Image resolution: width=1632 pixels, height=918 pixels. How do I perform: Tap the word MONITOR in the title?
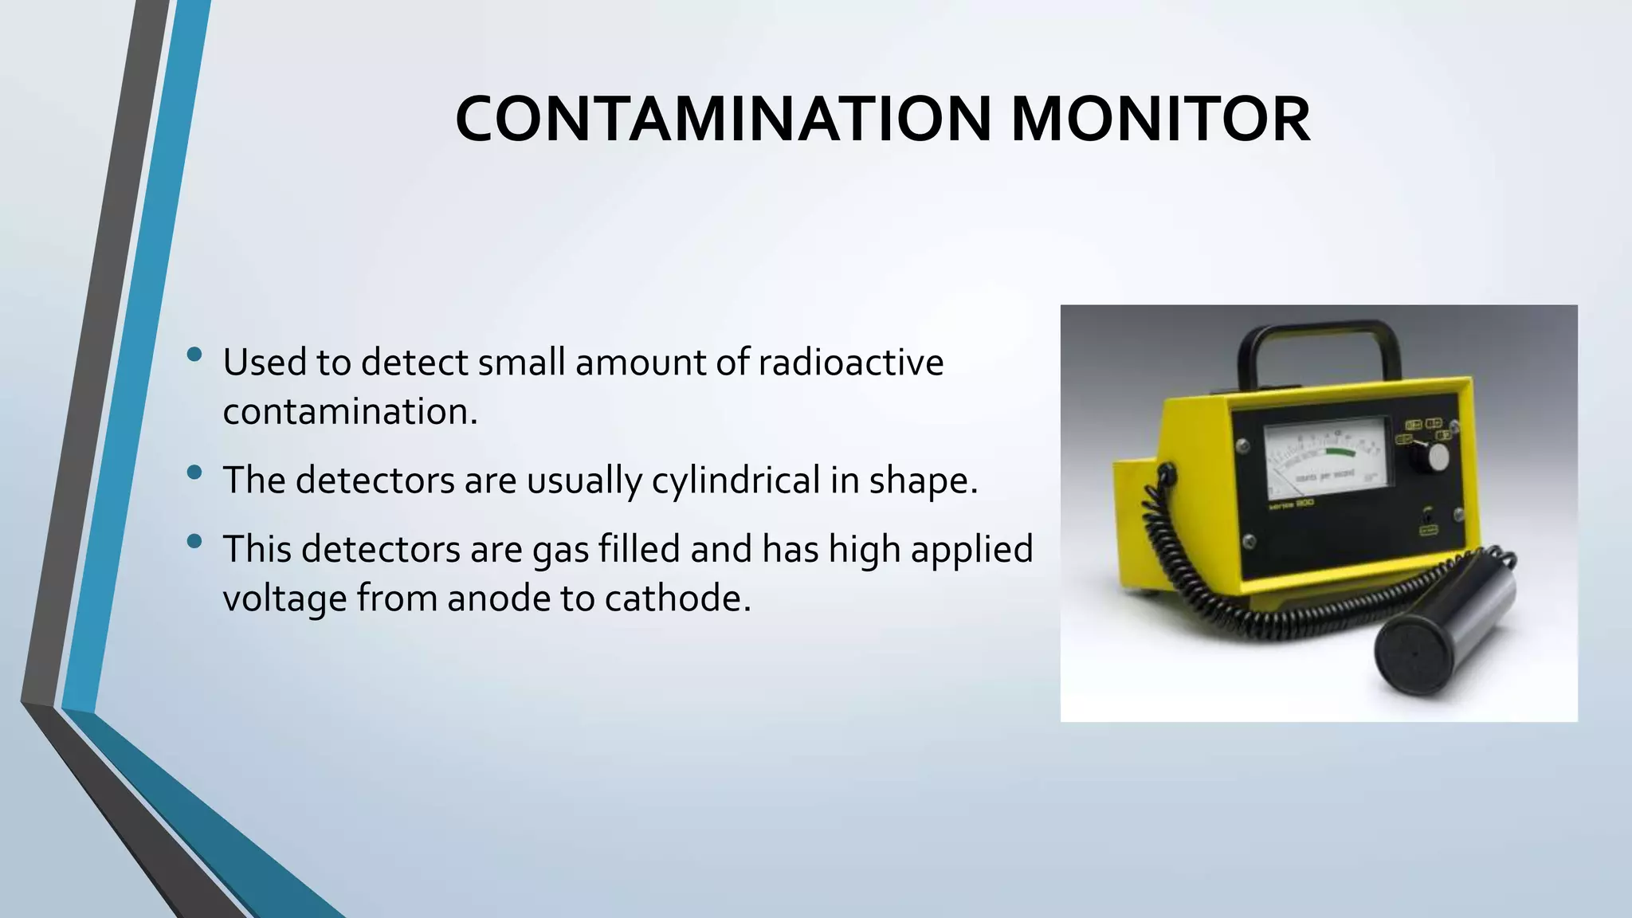click(x=1160, y=119)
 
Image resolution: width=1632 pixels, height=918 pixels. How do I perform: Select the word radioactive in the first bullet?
click(x=850, y=363)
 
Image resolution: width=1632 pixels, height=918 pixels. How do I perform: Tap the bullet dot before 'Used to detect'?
click(x=194, y=355)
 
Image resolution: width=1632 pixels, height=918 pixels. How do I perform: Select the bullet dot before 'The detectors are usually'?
click(x=194, y=473)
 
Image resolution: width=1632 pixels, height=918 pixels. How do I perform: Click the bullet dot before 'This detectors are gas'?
click(x=194, y=542)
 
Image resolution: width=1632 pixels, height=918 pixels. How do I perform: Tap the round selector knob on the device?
click(x=1437, y=457)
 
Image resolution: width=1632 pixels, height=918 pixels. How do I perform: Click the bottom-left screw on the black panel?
click(x=1249, y=541)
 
